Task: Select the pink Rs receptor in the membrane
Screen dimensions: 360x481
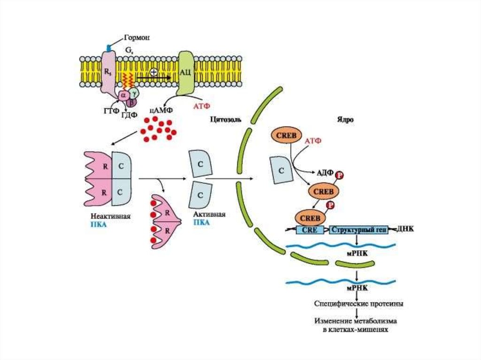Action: point(108,73)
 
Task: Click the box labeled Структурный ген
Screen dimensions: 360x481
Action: point(359,230)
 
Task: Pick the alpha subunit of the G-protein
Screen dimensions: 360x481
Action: point(124,96)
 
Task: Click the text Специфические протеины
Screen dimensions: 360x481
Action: point(358,304)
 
